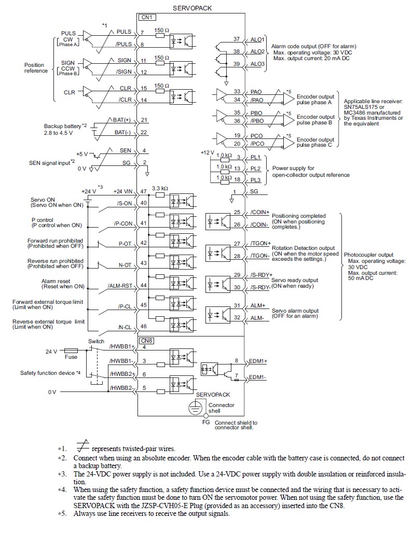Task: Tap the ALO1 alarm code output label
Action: [x=257, y=39]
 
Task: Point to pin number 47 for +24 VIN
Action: [x=143, y=191]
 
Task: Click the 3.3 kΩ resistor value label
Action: [x=160, y=188]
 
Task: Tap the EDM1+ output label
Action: [x=258, y=360]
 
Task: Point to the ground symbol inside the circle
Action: [x=195, y=407]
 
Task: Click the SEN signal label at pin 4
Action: [x=125, y=150]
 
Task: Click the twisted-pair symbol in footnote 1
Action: [x=81, y=448]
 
